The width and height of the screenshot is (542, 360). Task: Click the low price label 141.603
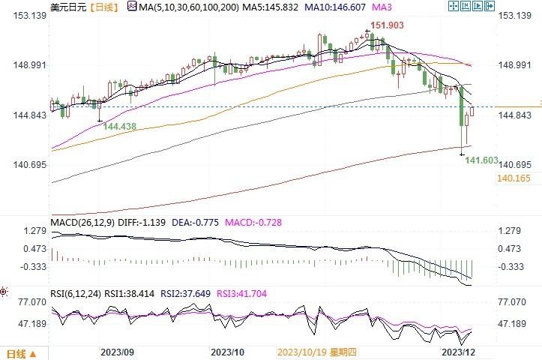(x=482, y=160)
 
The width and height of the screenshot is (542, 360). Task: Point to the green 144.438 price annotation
(x=119, y=127)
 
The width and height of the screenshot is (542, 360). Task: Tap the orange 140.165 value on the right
(x=514, y=178)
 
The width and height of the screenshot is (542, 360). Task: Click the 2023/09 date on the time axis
(x=116, y=352)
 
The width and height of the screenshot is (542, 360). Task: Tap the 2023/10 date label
(x=227, y=352)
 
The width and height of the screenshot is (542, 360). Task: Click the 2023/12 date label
(x=457, y=352)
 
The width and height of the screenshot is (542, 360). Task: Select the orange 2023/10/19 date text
(x=300, y=352)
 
